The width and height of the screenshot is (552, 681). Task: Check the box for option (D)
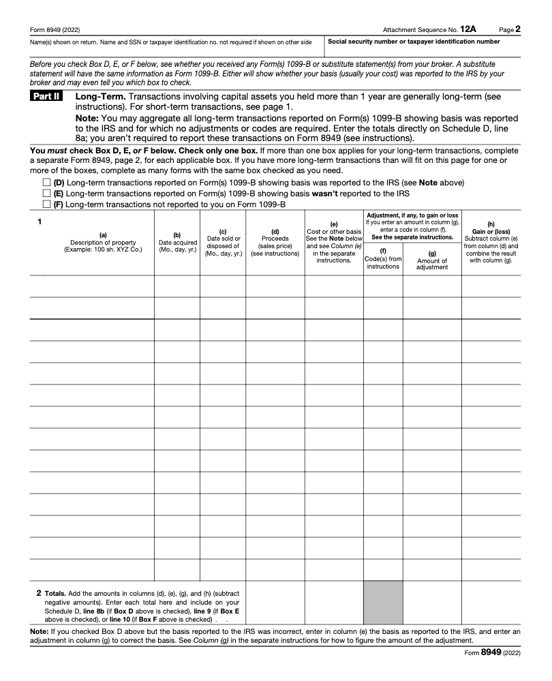[46, 183]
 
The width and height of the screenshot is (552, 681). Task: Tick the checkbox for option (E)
[46, 194]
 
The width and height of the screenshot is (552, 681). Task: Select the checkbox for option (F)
[46, 204]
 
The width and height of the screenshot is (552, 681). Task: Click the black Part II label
[46, 97]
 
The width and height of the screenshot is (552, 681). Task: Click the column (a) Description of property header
[103, 243]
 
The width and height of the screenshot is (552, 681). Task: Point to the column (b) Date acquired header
[177, 243]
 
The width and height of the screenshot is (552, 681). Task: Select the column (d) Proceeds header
[275, 243]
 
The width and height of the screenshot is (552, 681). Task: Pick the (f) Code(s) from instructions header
[383, 259]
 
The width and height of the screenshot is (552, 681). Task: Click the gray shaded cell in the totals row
[383, 603]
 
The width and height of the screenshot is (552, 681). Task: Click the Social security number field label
[414, 42]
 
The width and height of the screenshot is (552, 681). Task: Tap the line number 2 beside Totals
[39, 592]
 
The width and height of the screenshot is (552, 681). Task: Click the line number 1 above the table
[40, 222]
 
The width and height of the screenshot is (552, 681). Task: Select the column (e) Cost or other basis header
[334, 242]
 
